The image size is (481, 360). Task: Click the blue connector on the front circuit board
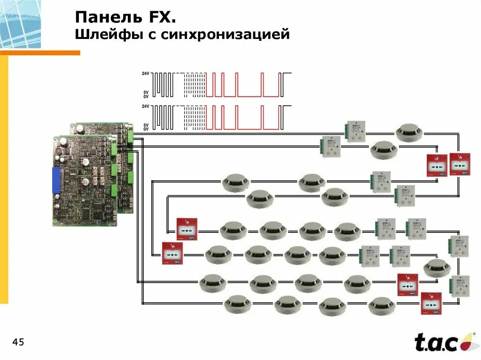tap(56, 180)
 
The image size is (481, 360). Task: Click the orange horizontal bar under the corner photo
tap(40, 53)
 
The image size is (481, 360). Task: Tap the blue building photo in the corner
tap(20, 23)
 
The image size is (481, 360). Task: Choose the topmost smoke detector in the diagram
tap(409, 132)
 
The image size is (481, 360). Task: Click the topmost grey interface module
tap(356, 131)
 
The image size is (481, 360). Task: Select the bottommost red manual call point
tap(431, 303)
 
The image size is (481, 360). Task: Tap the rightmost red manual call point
tap(459, 164)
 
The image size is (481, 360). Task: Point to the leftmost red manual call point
tap(172, 253)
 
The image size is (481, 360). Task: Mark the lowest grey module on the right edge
tap(459, 286)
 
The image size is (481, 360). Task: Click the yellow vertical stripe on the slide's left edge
tap(4, 178)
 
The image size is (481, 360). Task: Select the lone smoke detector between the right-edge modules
tap(437, 268)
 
